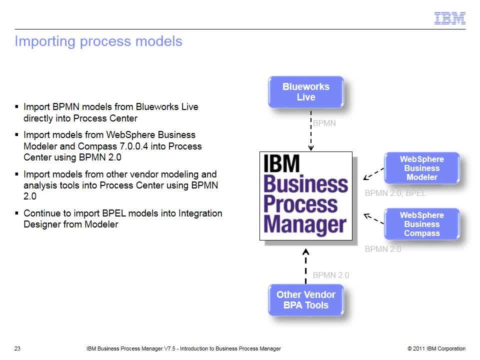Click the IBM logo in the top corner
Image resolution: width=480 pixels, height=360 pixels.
point(449,18)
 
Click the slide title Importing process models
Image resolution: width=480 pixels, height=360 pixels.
point(98,41)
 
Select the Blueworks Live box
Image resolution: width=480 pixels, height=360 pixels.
point(306,92)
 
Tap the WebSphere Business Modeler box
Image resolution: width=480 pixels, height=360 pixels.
point(422,168)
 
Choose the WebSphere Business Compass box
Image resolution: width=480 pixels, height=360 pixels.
point(422,224)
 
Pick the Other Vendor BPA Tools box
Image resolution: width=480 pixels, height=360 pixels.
point(306,300)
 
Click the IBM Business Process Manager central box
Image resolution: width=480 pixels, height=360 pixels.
point(306,196)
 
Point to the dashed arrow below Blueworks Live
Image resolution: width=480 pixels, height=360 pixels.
point(310,130)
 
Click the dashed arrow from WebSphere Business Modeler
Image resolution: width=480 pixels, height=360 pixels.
point(373,173)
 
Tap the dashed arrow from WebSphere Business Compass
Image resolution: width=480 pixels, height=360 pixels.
point(373,218)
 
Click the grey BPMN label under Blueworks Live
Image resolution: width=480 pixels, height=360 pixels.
point(324,123)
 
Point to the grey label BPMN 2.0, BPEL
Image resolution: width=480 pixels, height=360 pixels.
point(395,193)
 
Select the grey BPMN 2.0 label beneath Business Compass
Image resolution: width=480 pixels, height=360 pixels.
point(383,249)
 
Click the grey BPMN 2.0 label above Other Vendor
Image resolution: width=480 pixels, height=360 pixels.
point(331,275)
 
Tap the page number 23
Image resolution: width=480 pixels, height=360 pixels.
point(17,348)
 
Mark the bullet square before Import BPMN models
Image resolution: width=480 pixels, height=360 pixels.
point(16,107)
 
